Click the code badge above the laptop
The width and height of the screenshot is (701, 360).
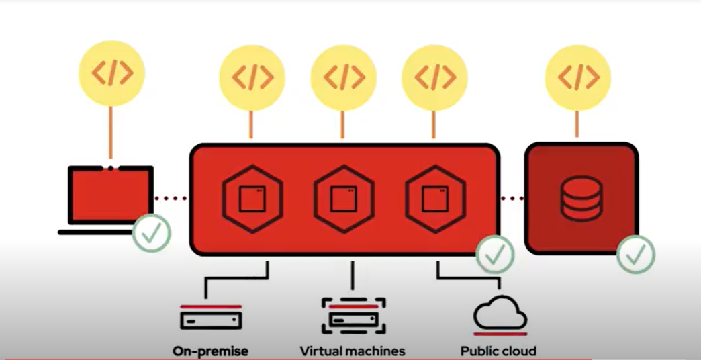click(111, 73)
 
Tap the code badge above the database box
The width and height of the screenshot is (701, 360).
click(577, 77)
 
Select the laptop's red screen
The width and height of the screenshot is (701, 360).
click(111, 195)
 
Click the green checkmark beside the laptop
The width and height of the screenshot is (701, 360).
click(151, 232)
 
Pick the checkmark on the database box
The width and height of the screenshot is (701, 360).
click(635, 254)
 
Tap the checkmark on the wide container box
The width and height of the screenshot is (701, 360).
click(495, 254)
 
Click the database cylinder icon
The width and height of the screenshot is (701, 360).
click(581, 198)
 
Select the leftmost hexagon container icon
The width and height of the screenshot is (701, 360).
click(252, 199)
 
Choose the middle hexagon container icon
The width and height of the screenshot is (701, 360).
click(344, 199)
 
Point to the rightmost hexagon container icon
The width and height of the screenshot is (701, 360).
click(435, 199)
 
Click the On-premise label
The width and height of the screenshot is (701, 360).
click(210, 351)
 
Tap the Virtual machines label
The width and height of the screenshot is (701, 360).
click(353, 351)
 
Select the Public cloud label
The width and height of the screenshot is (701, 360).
click(498, 351)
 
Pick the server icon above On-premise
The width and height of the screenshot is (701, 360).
click(211, 317)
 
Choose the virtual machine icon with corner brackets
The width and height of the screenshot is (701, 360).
click(353, 315)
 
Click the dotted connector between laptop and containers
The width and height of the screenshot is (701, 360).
click(171, 198)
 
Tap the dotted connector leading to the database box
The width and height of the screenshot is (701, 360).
click(512, 198)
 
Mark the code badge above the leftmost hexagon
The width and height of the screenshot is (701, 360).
click(252, 77)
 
